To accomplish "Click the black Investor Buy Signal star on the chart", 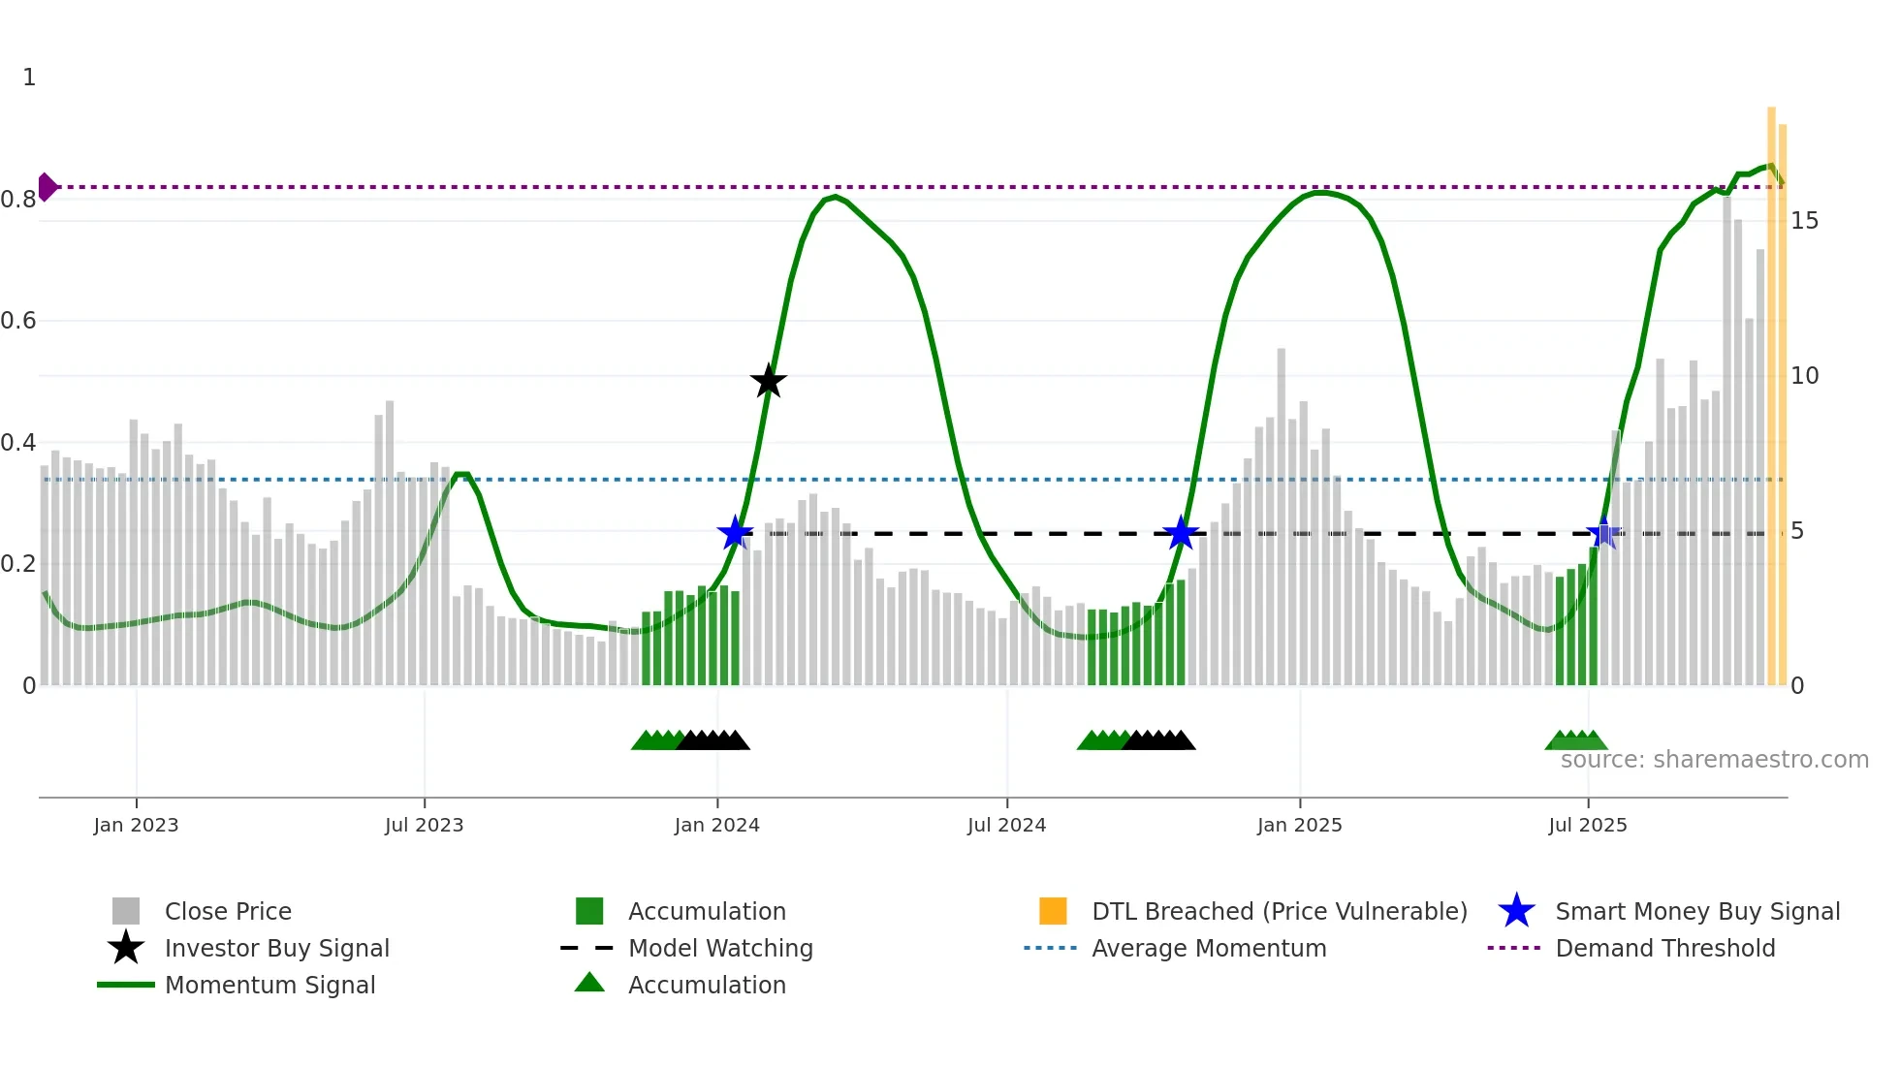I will (x=768, y=382).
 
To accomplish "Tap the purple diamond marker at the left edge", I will (x=47, y=187).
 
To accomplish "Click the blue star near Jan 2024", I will (x=735, y=533).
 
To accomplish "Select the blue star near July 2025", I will (x=1603, y=533).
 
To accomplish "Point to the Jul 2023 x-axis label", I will (x=424, y=826).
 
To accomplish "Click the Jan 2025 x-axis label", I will (x=1299, y=826).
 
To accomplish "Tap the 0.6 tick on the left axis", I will (x=19, y=321).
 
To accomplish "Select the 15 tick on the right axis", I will (x=1804, y=221).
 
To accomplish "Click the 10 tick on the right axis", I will (x=1804, y=376).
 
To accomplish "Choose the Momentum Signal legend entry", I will (x=269, y=986).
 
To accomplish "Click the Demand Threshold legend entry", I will (x=1664, y=949).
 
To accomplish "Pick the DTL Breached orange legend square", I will (x=1053, y=911).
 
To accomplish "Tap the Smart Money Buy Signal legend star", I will (x=1516, y=911).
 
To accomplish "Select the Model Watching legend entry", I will (x=719, y=949).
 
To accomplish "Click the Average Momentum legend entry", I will (x=1208, y=949).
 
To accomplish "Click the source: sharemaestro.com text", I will (x=1714, y=760).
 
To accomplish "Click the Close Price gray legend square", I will (x=126, y=911).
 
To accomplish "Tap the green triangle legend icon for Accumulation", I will (x=589, y=984).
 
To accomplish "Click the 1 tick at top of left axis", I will (x=29, y=78).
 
